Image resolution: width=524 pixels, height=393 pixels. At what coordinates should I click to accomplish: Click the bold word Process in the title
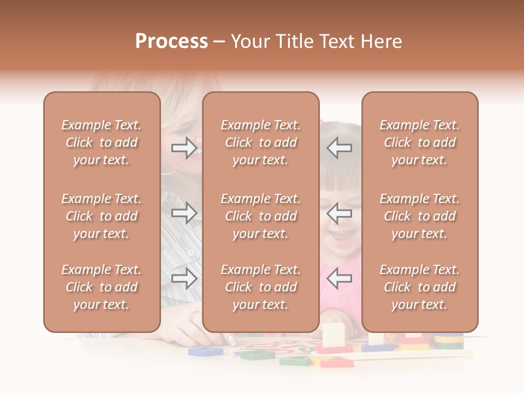pos(171,41)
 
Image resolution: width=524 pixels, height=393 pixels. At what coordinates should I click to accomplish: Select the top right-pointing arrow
pos(184,148)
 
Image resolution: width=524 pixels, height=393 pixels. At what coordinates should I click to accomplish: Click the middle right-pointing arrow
pos(184,213)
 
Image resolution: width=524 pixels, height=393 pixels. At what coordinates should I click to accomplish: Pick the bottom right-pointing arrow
pos(184,278)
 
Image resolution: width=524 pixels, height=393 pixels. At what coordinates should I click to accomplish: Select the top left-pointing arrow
pos(339,148)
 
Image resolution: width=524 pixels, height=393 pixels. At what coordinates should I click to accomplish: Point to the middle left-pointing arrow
pos(339,213)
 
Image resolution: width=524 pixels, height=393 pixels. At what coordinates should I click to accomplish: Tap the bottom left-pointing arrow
pos(339,278)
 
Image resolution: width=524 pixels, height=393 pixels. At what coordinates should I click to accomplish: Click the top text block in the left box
pos(102,142)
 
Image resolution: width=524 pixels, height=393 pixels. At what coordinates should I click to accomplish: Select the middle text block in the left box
pos(102,216)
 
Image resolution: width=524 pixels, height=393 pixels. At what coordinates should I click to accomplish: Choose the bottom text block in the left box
pos(102,287)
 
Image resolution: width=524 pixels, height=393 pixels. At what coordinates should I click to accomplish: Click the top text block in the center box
pos(260,142)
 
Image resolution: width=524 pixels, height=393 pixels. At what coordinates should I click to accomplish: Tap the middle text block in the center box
pos(260,216)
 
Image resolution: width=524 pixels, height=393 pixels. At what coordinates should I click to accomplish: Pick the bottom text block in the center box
pos(260,287)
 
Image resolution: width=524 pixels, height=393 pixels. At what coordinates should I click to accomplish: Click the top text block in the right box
pos(419,142)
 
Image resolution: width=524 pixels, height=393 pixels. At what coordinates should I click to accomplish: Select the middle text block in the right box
pos(419,216)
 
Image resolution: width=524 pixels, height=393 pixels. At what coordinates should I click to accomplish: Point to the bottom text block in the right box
pos(419,287)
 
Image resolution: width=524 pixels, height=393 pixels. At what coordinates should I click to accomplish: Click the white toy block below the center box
pos(333,335)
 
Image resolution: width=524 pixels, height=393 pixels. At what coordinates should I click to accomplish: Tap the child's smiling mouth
pos(340,236)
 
